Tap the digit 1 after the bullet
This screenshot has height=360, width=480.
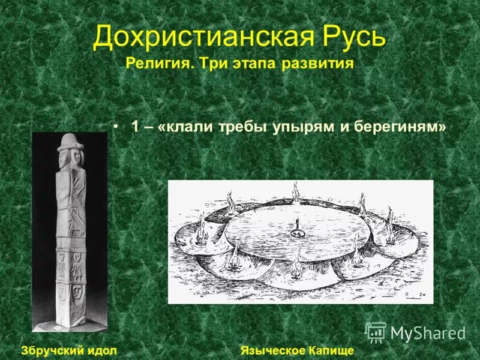pyautogui.click(x=135, y=127)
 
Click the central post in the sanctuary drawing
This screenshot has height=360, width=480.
pyautogui.click(x=295, y=228)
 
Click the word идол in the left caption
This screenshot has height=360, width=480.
pyautogui.click(x=101, y=349)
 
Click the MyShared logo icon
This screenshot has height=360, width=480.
pyautogui.click(x=376, y=332)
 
